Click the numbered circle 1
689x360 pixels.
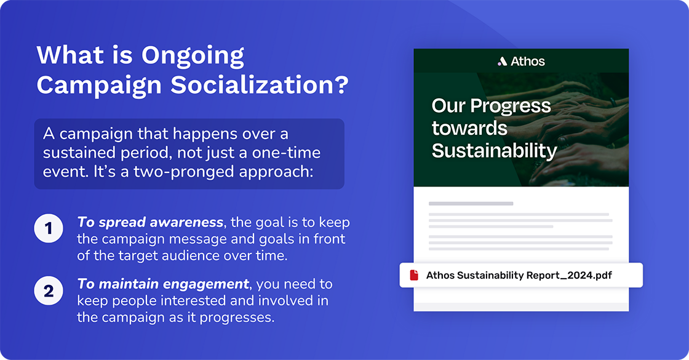coord(49,230)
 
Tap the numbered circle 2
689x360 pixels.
coord(49,290)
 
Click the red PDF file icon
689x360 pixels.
coord(414,276)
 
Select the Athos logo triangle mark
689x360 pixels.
coord(502,62)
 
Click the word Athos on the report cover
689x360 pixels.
coord(528,62)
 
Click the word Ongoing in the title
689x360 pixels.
coord(193,55)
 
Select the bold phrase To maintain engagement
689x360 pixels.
coord(163,284)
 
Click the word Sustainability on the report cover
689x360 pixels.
coord(494,151)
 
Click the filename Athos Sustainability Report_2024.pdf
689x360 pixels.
coord(519,276)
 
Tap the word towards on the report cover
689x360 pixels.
coord(469,128)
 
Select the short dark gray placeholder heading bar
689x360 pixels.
coord(471,203)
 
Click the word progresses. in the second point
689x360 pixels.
coord(242,318)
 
